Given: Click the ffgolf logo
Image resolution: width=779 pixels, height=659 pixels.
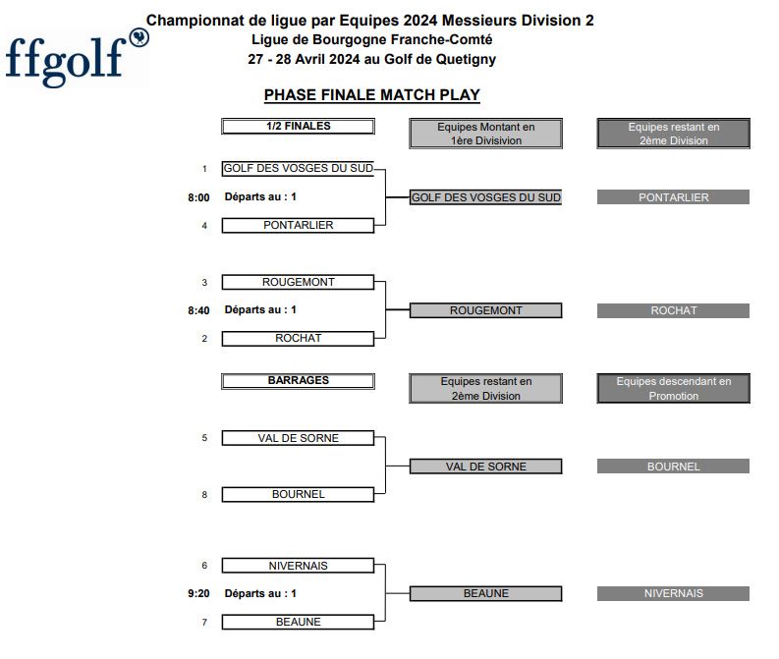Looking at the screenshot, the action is pos(77,59).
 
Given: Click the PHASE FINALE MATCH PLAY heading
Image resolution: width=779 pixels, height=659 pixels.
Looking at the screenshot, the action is pos(372,95).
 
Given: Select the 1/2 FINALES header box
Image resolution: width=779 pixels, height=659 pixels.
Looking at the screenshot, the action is pos(298,126).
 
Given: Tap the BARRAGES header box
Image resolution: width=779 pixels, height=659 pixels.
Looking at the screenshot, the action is pos(298,381).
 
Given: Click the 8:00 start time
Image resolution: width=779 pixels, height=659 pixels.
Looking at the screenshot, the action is pos(198,197).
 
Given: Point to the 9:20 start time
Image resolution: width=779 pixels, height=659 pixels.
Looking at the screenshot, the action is pos(198,593).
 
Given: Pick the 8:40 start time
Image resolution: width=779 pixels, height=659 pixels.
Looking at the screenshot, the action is pos(198,311).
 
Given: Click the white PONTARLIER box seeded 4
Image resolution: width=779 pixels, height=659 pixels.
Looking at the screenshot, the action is pos(298,226).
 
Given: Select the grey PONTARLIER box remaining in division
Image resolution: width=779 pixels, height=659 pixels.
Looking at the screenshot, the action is pos(673,197).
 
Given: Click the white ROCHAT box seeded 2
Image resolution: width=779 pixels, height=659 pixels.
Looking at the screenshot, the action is pos(298,339).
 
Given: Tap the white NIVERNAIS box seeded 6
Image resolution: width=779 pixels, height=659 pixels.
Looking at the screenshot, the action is pos(298,566).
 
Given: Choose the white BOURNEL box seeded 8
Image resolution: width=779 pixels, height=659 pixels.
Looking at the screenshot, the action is pos(298,495).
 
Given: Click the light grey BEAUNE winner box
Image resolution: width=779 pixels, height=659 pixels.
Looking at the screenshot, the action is pos(486,593).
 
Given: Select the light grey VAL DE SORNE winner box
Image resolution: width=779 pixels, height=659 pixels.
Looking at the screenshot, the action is pos(486,467).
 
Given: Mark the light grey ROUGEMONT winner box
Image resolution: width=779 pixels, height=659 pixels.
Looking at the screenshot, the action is pos(486,310).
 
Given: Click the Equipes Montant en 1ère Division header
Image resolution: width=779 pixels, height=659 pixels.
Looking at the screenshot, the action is pos(486,134).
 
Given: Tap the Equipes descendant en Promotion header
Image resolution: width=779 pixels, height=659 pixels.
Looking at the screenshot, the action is pos(673,388).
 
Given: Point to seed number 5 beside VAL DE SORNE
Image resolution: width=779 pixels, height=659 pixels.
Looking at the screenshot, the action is pos(204,438).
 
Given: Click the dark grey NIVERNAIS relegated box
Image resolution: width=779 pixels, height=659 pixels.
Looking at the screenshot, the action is pos(673,593).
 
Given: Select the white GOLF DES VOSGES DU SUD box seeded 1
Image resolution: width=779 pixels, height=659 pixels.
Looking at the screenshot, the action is pos(298,169).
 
